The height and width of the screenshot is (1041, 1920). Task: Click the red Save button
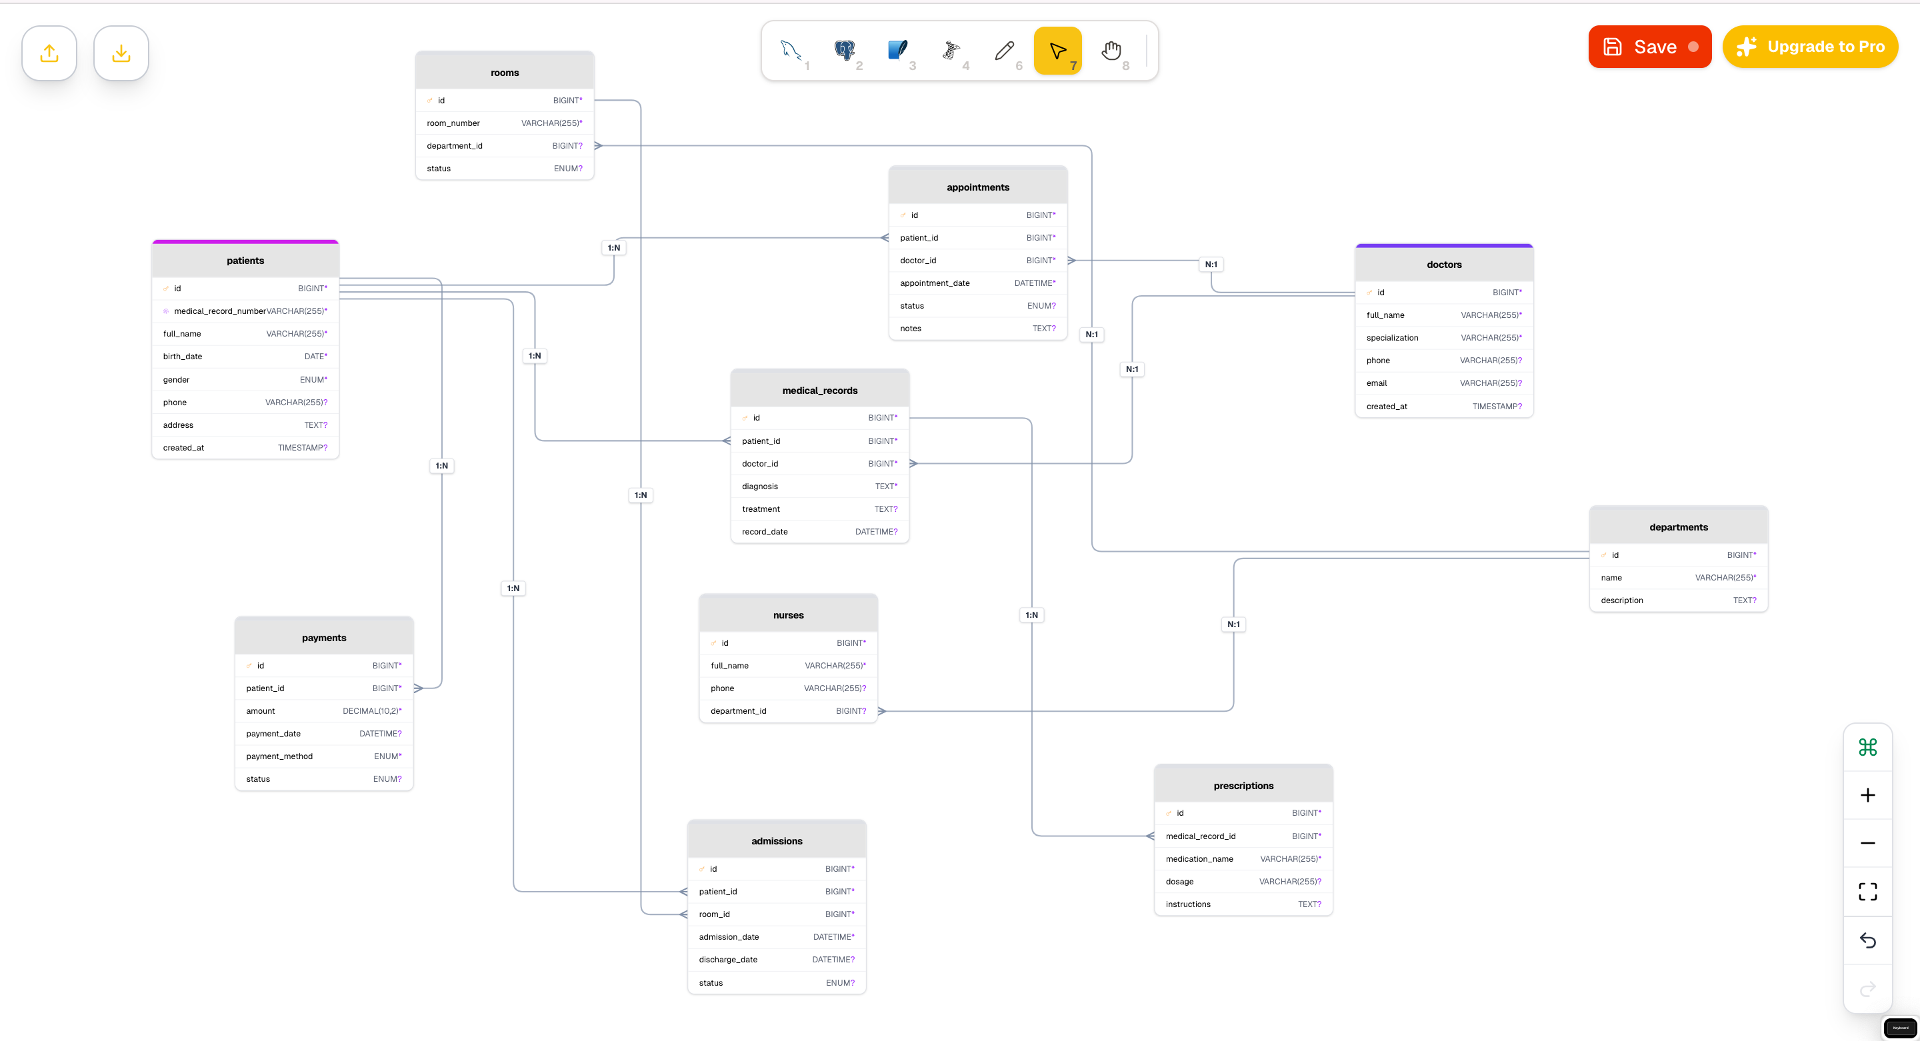tap(1649, 47)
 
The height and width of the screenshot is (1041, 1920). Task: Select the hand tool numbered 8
tap(1111, 51)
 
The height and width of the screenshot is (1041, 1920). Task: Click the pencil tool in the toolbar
tap(1004, 51)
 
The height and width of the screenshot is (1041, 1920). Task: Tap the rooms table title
tap(505, 72)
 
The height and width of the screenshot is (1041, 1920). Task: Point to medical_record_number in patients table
tap(220, 311)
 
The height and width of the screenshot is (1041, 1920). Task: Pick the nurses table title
tap(788, 614)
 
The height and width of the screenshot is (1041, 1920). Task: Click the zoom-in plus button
tap(1867, 795)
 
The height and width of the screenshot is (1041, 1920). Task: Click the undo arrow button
tap(1867, 940)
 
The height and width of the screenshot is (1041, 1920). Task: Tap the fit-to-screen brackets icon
tap(1867, 891)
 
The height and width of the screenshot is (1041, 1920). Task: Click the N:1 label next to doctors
tap(1211, 265)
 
